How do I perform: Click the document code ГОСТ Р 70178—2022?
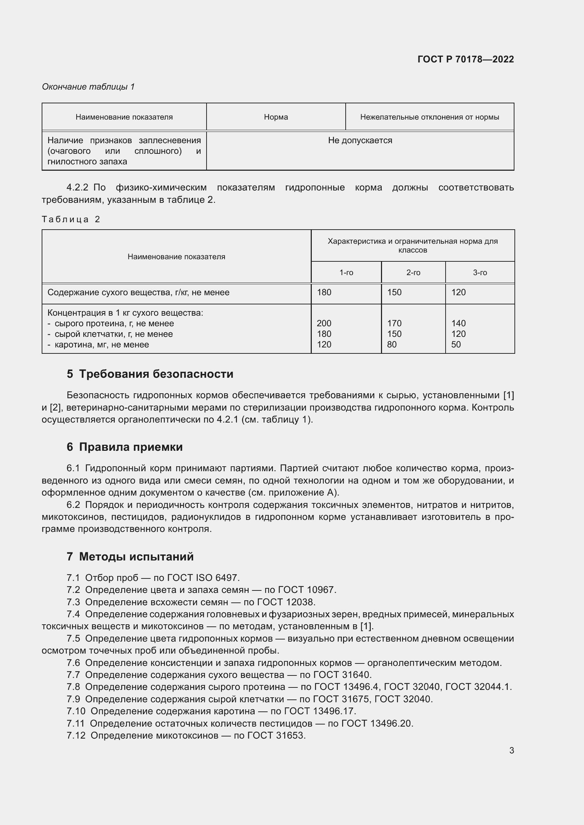click(x=465, y=59)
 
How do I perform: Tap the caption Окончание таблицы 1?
click(x=88, y=87)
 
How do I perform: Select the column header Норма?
click(x=275, y=117)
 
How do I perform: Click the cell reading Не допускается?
click(x=359, y=140)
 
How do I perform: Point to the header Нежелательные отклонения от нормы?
click(x=429, y=117)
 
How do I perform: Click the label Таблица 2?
click(x=71, y=219)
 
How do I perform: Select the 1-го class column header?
click(x=346, y=273)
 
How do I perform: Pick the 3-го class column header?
click(x=480, y=273)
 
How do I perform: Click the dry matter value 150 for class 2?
click(x=394, y=292)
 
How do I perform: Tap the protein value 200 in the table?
click(x=324, y=323)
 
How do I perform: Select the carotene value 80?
click(x=392, y=345)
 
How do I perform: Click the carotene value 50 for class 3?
click(x=455, y=345)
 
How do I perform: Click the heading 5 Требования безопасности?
click(x=150, y=374)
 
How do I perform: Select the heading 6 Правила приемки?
click(x=125, y=447)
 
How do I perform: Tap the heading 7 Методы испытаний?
click(x=130, y=557)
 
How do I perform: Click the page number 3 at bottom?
click(x=511, y=751)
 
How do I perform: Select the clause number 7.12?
click(x=76, y=735)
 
